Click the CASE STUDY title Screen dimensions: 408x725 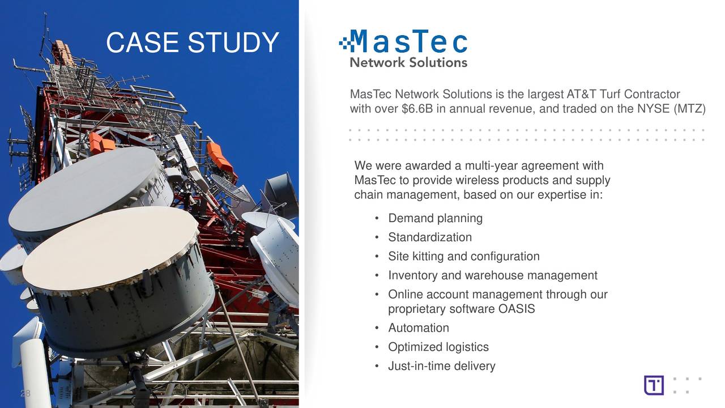point(192,43)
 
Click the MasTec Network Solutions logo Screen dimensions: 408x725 point(403,49)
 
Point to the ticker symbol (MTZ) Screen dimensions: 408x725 point(689,108)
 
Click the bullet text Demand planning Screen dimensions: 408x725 point(435,218)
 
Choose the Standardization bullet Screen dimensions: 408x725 point(429,237)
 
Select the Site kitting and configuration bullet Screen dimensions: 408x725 point(463,257)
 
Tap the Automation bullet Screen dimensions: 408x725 point(418,328)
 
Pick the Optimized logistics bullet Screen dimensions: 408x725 point(438,347)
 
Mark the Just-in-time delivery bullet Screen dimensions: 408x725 point(441,366)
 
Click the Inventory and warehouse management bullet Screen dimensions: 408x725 point(492,275)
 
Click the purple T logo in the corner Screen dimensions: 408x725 point(654,385)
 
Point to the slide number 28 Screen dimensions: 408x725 point(25,393)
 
